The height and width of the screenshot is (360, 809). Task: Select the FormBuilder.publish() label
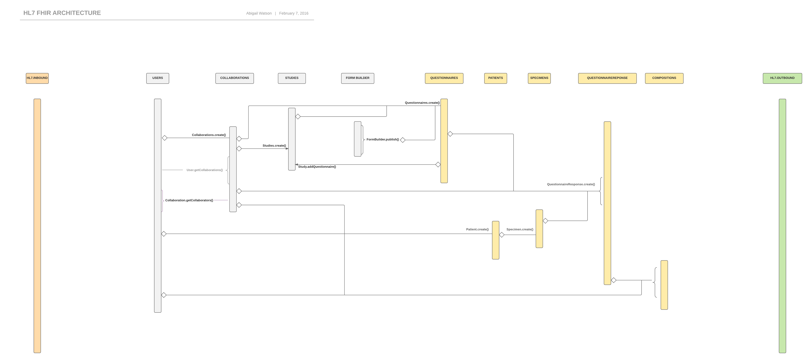[382, 139]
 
